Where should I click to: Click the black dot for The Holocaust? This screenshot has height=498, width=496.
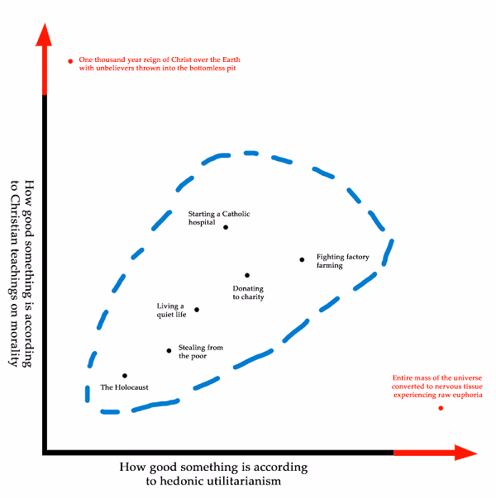(125, 376)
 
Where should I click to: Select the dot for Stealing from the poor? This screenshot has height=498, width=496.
(169, 351)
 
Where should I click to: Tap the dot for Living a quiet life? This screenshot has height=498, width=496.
(197, 310)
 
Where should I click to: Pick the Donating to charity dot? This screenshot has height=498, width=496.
(247, 275)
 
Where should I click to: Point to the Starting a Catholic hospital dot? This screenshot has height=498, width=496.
(226, 227)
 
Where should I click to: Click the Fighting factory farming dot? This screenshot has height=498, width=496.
(302, 260)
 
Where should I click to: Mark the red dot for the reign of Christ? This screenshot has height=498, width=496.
(70, 61)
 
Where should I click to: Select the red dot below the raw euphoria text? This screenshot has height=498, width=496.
(441, 408)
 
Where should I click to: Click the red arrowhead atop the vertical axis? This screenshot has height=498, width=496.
(44, 35)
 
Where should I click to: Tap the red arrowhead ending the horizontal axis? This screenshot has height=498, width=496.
(466, 453)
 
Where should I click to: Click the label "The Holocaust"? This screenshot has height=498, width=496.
(124, 387)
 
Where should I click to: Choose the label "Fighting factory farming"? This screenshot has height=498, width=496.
(343, 261)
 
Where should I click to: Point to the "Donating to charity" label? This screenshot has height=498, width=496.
(248, 292)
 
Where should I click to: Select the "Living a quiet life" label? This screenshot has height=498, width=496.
(171, 310)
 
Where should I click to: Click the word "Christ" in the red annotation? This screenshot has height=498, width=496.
(182, 59)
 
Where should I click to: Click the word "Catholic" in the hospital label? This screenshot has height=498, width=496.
(236, 214)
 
